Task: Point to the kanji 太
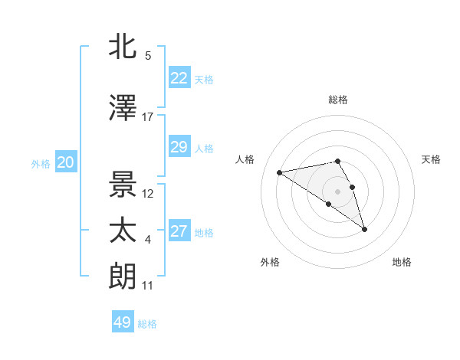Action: (123, 231)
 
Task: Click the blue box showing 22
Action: (179, 78)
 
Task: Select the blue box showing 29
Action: (179, 147)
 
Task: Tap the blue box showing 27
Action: (179, 231)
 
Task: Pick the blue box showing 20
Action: (66, 162)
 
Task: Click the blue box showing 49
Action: (123, 322)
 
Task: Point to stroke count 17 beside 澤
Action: (148, 117)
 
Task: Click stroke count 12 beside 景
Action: (148, 194)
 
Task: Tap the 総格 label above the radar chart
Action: (337, 100)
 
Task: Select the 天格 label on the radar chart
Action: (431, 159)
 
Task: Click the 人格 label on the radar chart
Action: (245, 159)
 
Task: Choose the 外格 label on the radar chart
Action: (270, 262)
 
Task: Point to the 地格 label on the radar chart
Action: (402, 262)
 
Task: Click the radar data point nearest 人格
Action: (280, 172)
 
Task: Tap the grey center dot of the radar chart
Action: (337, 191)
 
